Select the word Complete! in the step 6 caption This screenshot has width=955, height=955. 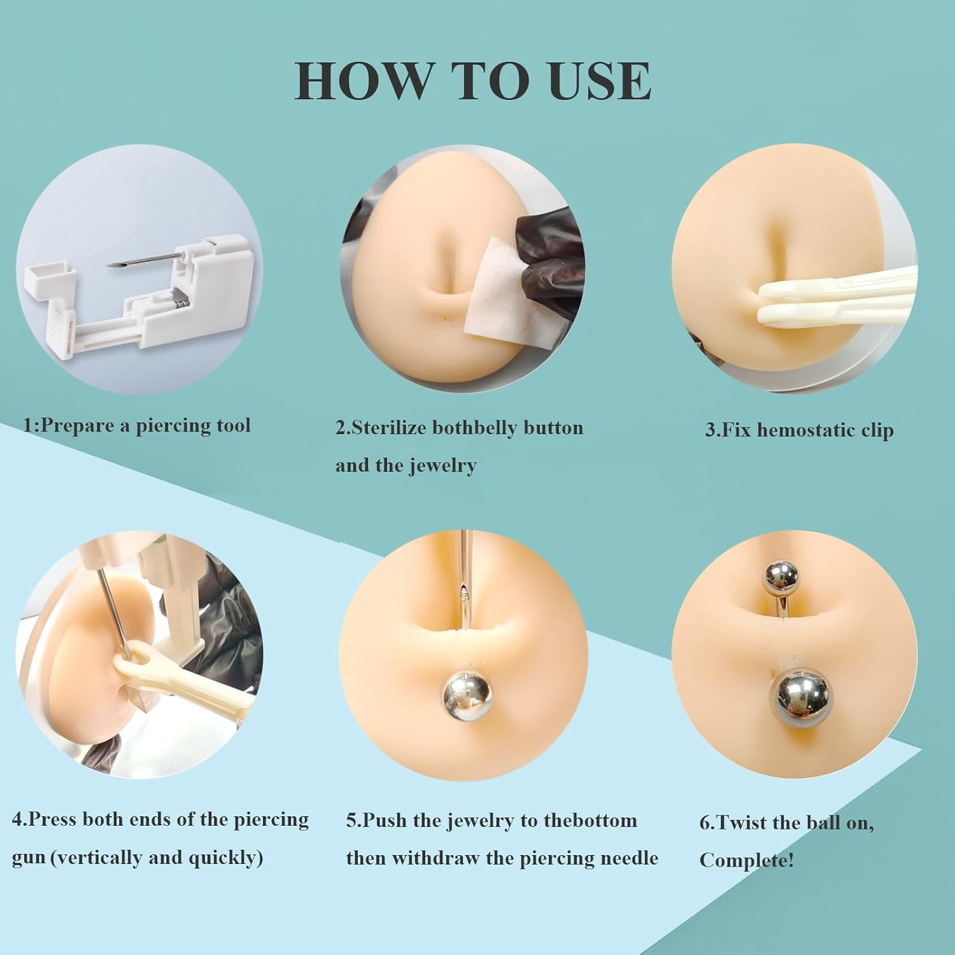click(747, 861)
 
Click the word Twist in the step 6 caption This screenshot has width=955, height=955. click(741, 823)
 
